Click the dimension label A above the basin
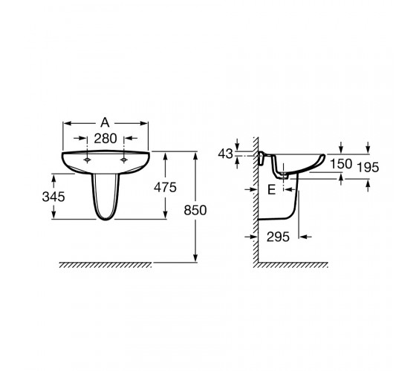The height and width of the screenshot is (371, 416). tap(105, 122)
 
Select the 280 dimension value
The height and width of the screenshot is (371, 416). tap(105, 139)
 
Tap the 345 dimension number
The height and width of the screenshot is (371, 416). tap(53, 197)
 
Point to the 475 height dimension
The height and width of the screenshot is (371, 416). tap(165, 188)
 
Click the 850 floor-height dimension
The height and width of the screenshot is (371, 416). tap(195, 211)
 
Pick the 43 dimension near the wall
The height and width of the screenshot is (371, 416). tap(226, 154)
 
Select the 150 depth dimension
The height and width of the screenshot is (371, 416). tap(341, 164)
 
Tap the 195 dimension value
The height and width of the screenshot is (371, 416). tap(368, 168)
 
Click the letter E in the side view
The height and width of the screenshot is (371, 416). tap(271, 190)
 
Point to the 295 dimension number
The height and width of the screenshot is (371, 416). tap(278, 237)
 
